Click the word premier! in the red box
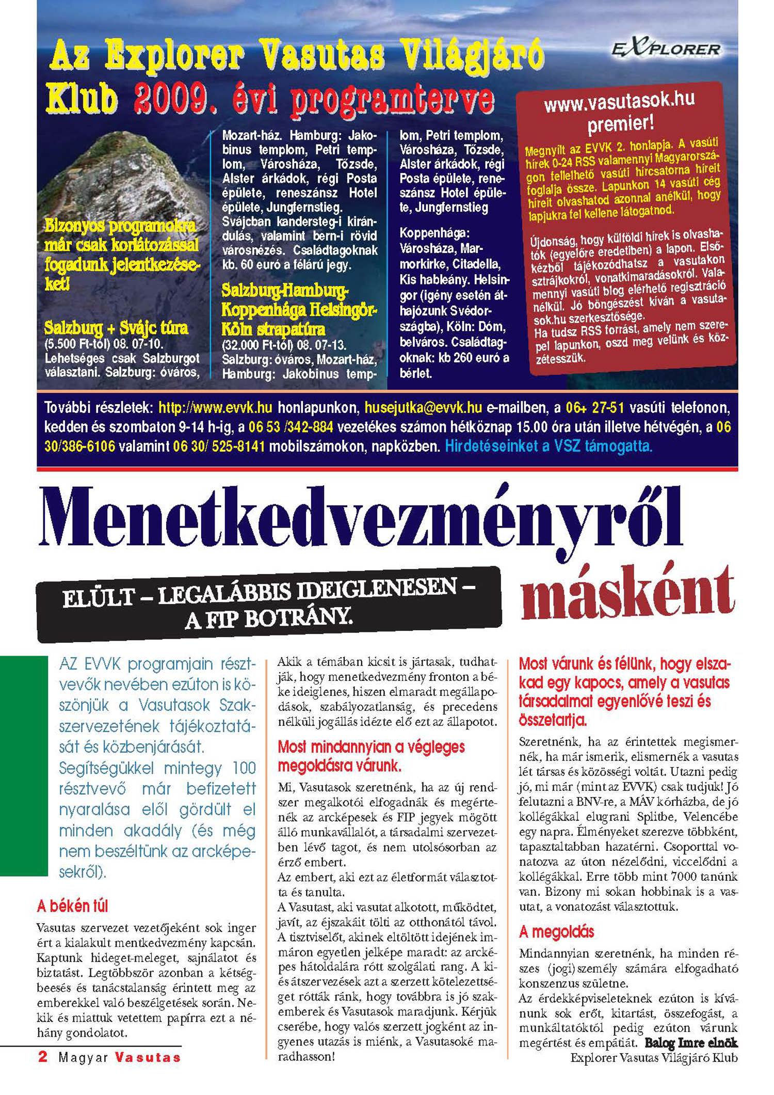pos(621,124)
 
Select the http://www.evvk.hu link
pos(215,408)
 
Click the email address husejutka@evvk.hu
pos(423,408)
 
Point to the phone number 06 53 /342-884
pos(291,427)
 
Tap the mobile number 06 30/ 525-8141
pos(219,446)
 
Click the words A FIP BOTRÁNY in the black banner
pos(269,618)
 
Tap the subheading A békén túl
pos(73,906)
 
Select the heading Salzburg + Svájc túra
pos(116,328)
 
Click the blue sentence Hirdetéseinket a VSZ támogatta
pos(549,446)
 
